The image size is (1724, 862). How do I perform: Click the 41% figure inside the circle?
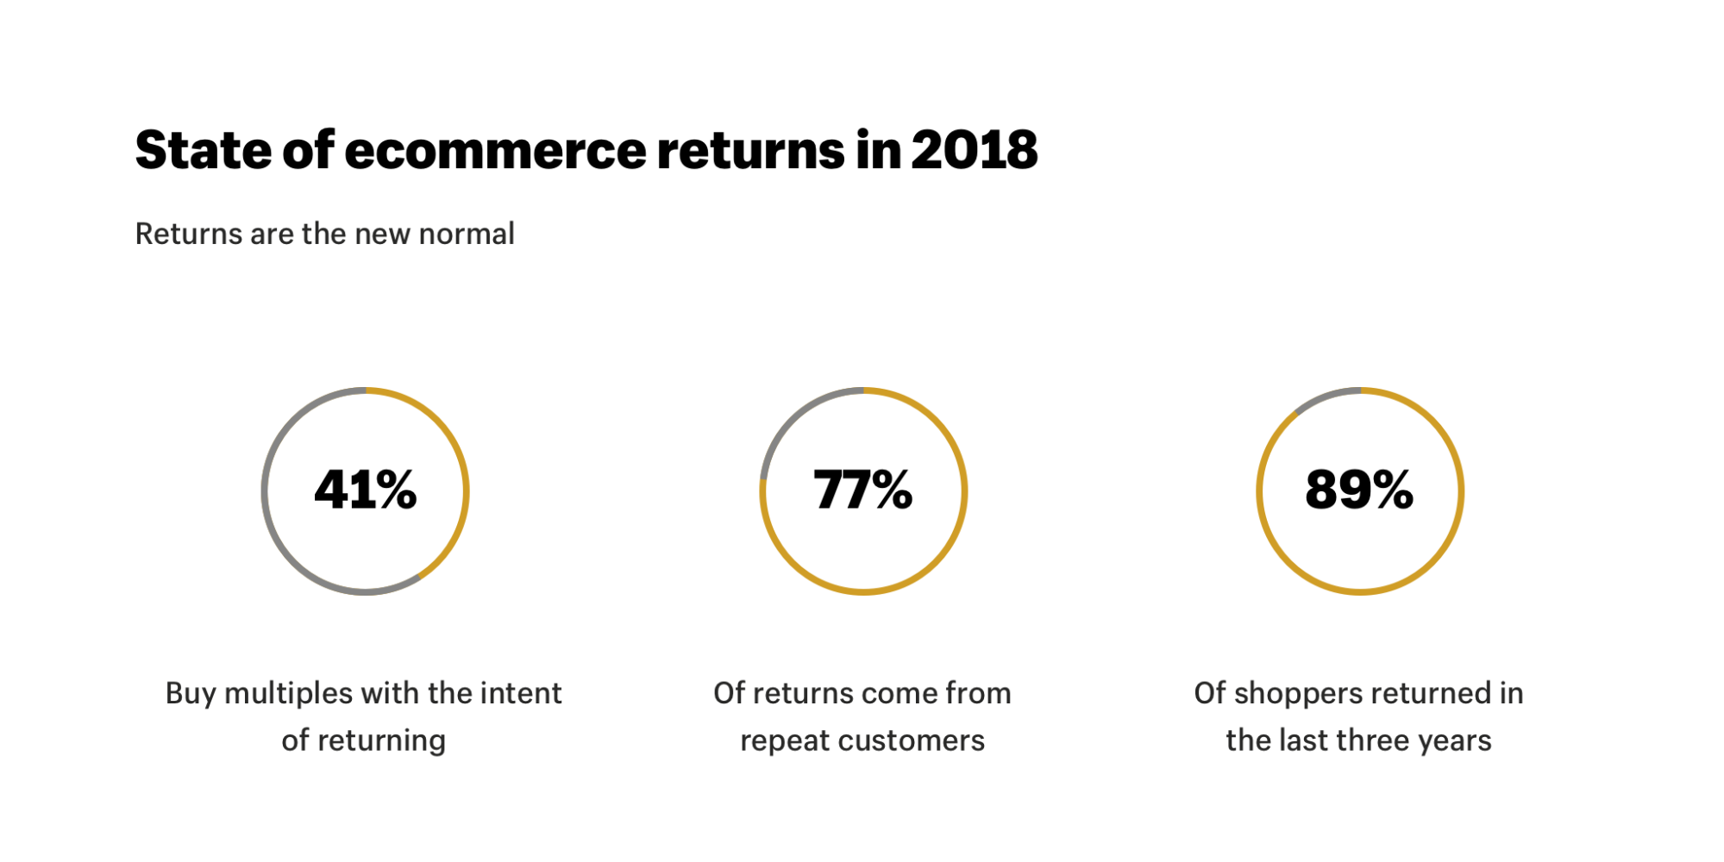coord(366,490)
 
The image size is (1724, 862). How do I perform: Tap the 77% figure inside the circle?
coord(862,490)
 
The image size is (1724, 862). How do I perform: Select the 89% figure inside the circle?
coord(1359,490)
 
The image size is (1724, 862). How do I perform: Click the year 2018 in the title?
coord(974,151)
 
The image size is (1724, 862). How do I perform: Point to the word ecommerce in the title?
coord(495,151)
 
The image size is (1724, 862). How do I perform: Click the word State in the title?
coord(204,151)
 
